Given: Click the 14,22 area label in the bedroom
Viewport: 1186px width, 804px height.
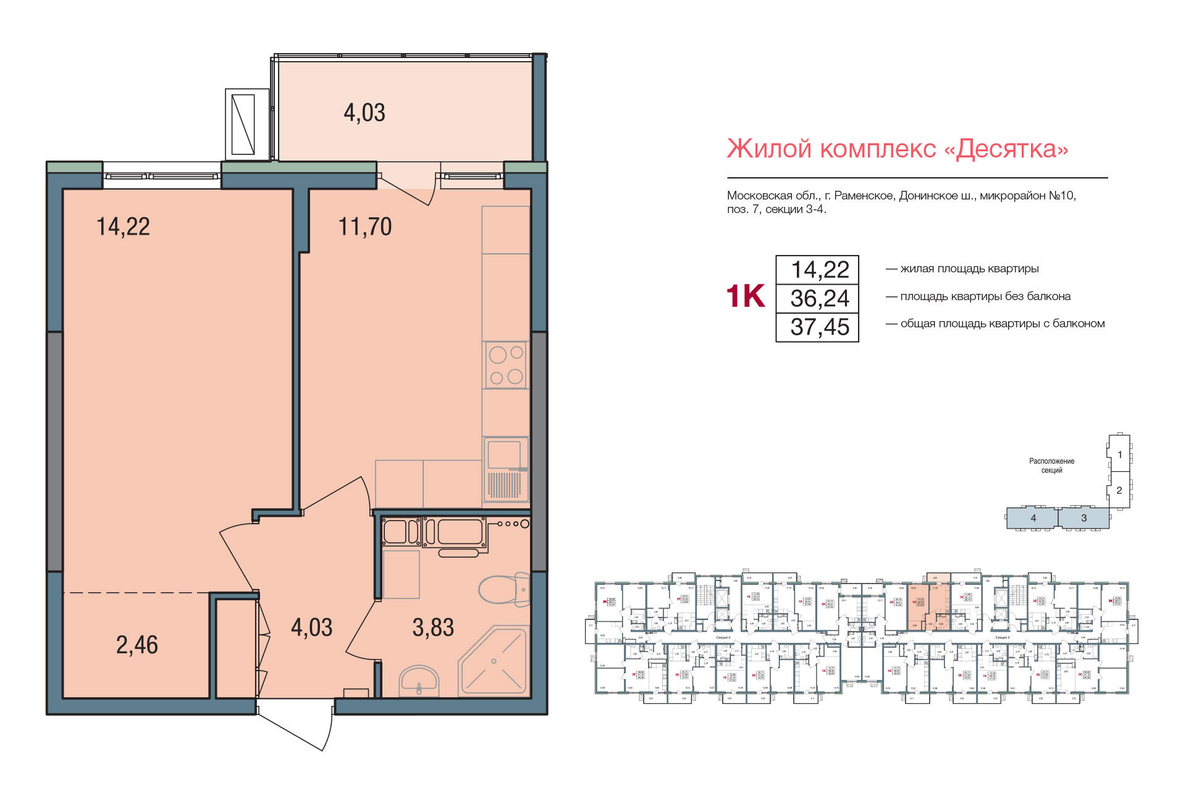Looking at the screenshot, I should [123, 227].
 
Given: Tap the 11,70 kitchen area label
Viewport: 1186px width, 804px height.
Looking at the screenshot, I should [364, 227].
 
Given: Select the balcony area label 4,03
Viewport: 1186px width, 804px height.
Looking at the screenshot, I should [364, 113].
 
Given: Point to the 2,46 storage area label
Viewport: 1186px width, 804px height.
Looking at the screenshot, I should [137, 645].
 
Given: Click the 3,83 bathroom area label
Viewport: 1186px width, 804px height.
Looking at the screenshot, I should [433, 628].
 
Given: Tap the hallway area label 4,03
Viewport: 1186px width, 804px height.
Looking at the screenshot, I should [311, 628].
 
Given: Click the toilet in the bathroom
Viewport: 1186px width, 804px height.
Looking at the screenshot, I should [503, 589].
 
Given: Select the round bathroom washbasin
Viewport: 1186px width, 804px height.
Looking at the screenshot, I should [419, 680].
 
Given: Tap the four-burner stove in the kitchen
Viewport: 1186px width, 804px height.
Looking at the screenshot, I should [506, 365].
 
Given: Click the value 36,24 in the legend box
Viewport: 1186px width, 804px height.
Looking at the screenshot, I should [820, 299].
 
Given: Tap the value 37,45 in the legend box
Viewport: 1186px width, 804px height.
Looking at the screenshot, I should [820, 327].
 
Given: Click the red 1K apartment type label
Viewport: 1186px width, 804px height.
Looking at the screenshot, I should [746, 296].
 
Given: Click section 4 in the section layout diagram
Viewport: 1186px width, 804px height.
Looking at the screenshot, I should [1033, 518].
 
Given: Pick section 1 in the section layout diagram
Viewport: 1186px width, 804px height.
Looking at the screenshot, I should [1119, 454].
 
